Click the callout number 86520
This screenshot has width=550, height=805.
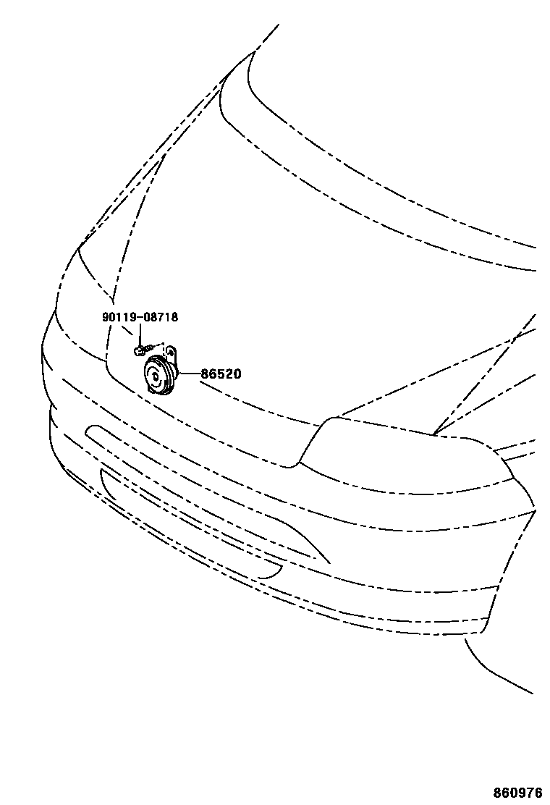(x=221, y=374)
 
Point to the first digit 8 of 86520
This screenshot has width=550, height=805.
(x=205, y=374)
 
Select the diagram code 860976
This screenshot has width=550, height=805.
(x=518, y=793)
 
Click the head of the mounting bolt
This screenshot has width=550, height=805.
(x=138, y=351)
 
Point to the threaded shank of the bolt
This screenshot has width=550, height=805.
(x=148, y=348)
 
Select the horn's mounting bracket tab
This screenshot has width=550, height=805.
(x=172, y=352)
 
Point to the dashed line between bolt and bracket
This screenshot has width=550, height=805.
(x=161, y=345)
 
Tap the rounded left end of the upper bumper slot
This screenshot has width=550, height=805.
(x=90, y=432)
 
